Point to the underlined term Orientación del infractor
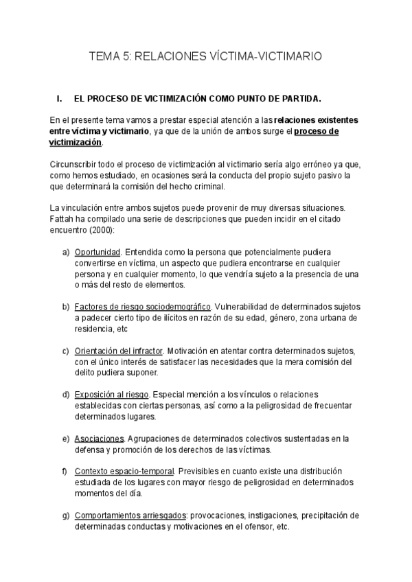(x=119, y=351)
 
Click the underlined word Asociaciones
(x=100, y=439)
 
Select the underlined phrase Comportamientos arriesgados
(x=130, y=515)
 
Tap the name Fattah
(x=62, y=219)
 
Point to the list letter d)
(x=67, y=395)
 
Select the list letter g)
(x=67, y=515)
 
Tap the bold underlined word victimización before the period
(x=76, y=142)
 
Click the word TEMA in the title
(x=105, y=57)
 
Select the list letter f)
(x=66, y=472)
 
